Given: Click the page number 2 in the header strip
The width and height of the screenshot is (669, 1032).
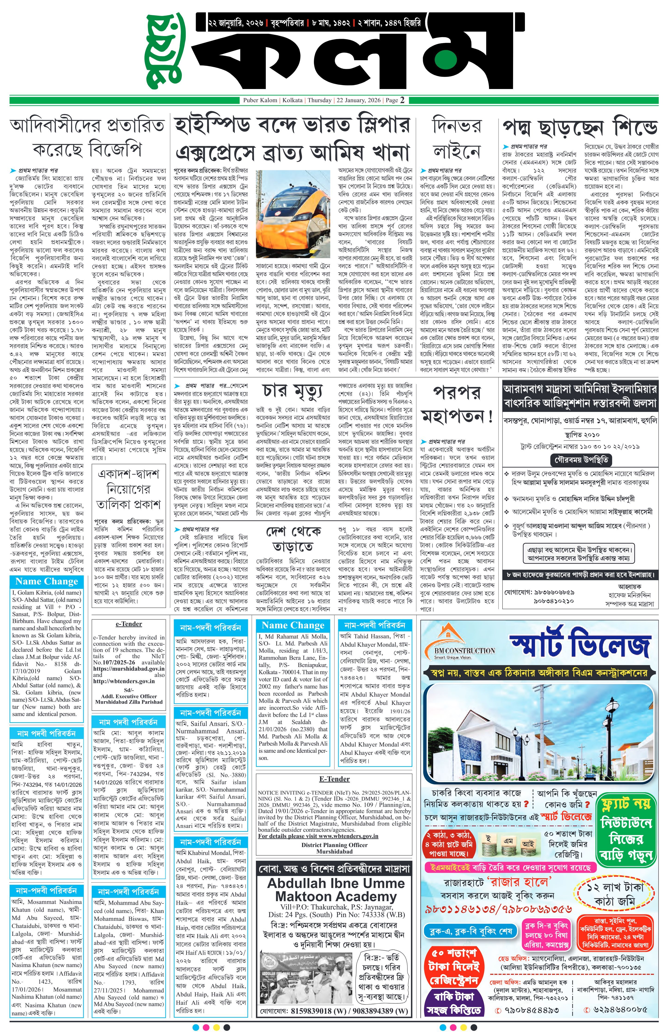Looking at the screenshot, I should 402,100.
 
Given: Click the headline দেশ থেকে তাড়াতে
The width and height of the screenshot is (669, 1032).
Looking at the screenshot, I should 293,539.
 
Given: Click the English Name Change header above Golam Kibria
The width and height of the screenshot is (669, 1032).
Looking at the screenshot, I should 46,581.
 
